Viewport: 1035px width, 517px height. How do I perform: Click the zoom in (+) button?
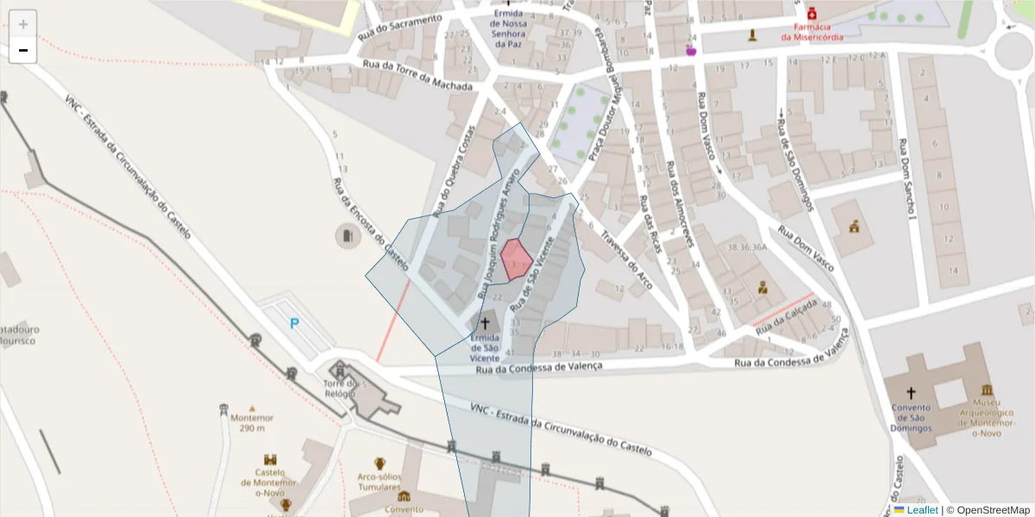tap(23, 23)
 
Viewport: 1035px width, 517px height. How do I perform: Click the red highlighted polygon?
tap(515, 258)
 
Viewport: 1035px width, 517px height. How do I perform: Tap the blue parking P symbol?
tap(294, 324)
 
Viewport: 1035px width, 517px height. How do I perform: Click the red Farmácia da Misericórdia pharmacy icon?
tap(812, 14)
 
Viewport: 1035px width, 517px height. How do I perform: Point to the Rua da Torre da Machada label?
tap(418, 77)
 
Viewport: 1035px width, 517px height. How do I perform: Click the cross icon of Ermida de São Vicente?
tap(485, 323)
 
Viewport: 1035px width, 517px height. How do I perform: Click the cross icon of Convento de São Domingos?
tap(911, 393)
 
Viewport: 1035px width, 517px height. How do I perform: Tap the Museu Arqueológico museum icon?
tap(987, 389)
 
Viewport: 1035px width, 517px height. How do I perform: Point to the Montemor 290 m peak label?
tap(252, 422)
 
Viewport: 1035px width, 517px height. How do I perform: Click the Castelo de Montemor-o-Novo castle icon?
tap(270, 460)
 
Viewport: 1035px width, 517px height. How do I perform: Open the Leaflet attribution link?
tap(922, 510)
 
